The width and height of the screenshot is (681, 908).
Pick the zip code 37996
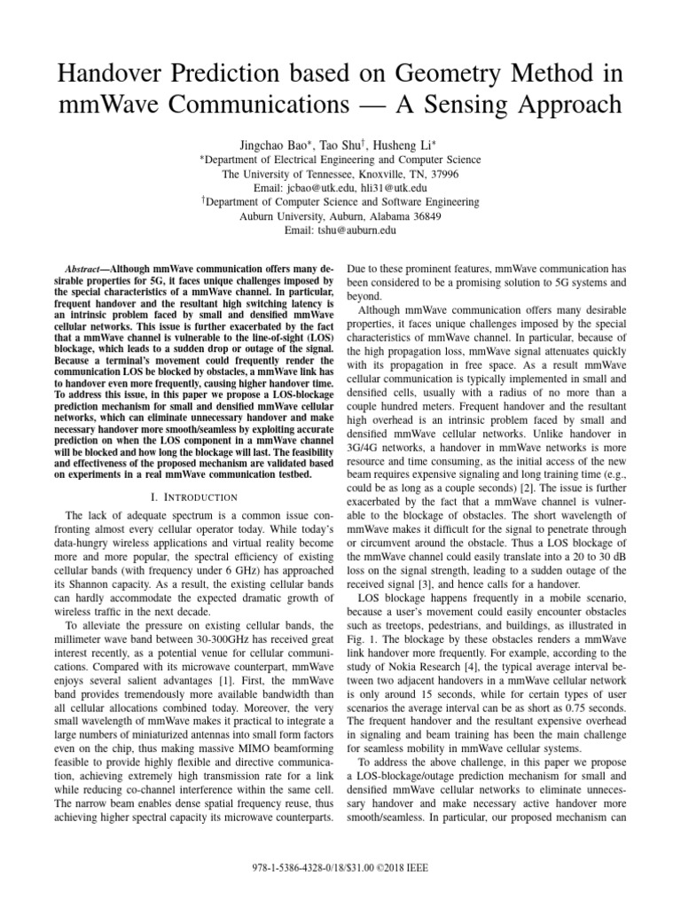[x=441, y=174]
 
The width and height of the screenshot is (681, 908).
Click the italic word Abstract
[x=87, y=267]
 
